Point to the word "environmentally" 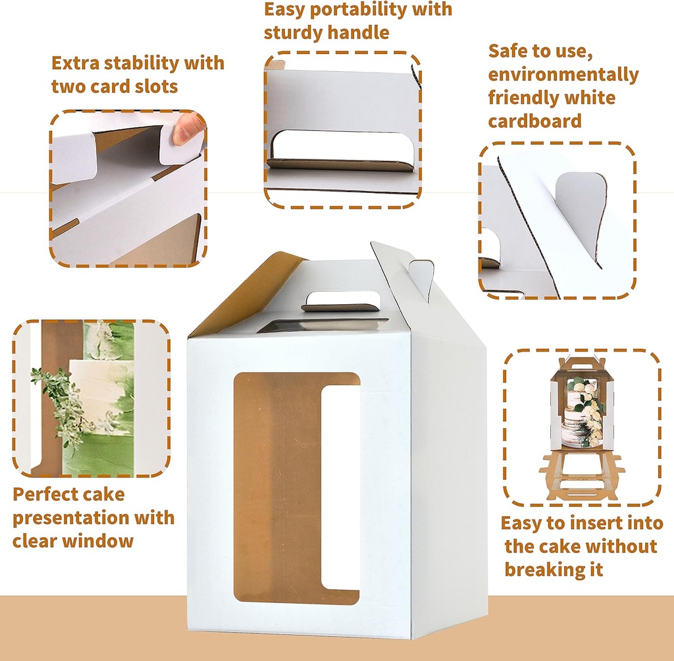point(563,74)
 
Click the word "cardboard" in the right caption point(534,120)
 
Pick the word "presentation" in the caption point(68,517)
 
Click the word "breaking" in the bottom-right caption point(544,569)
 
